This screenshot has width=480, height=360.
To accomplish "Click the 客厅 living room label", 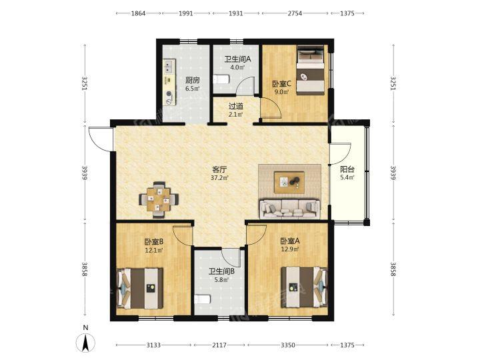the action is click(x=220, y=169).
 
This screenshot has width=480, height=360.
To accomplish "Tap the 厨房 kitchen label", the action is click(x=193, y=80).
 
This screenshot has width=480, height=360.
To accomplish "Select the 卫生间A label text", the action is click(x=237, y=59).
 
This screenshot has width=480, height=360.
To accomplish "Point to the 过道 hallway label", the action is click(x=236, y=106).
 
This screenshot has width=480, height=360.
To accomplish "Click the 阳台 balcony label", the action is click(x=347, y=169).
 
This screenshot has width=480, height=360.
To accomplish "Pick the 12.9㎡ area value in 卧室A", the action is click(x=290, y=249).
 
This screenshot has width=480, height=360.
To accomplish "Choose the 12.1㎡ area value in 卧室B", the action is click(x=154, y=250).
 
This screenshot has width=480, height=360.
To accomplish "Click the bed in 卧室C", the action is click(x=311, y=70).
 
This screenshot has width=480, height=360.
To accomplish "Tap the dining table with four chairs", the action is click(x=159, y=199).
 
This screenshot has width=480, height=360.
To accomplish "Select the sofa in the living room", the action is click(x=289, y=209).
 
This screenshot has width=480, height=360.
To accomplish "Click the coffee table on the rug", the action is click(x=289, y=183).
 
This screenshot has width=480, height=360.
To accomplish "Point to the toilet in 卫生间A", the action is click(x=221, y=79).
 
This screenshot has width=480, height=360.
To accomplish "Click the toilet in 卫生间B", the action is click(x=203, y=299).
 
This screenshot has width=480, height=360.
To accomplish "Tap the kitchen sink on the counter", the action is click(x=169, y=67).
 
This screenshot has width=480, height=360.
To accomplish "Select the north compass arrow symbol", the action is click(x=86, y=343).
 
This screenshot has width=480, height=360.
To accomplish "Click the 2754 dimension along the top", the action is click(x=294, y=13).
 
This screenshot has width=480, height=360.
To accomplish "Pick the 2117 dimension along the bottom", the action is click(x=219, y=345).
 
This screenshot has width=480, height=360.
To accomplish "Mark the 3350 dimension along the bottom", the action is click(x=288, y=345).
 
